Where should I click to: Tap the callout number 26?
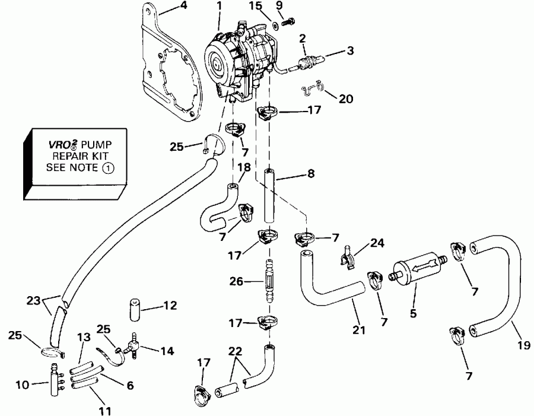(x=236, y=282)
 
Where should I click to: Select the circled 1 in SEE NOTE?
(x=109, y=168)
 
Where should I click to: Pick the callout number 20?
(x=346, y=99)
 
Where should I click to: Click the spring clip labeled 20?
(x=311, y=87)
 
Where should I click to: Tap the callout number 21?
(x=359, y=329)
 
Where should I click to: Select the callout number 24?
(x=377, y=243)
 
